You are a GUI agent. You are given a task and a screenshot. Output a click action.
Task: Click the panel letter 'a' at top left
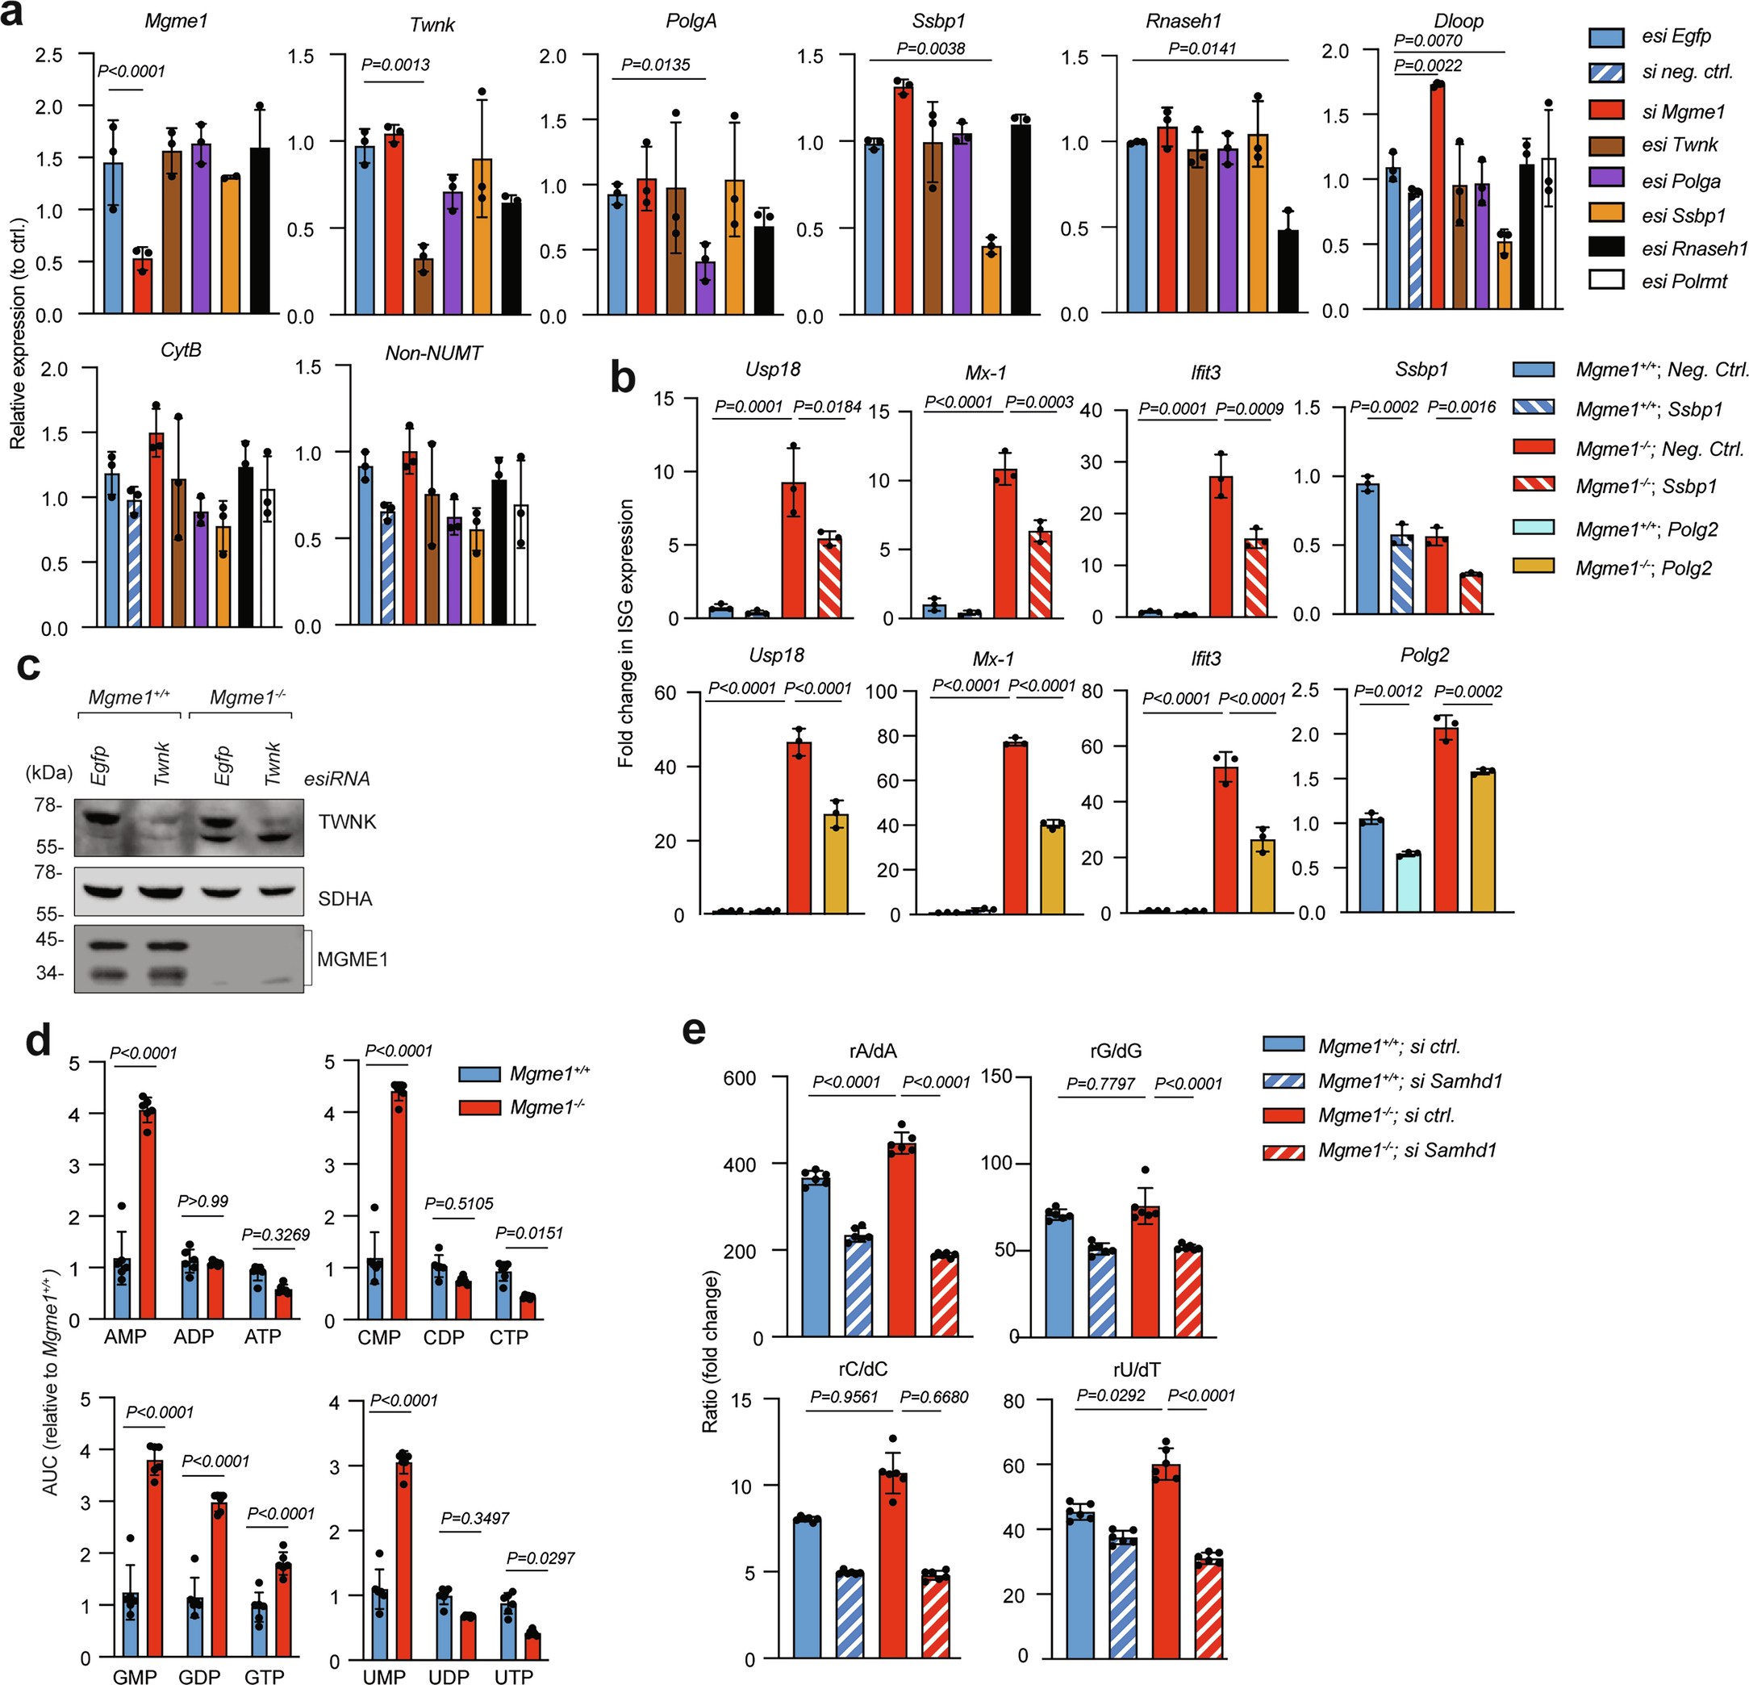point(12,16)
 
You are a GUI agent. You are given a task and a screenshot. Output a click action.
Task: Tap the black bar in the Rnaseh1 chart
point(1288,271)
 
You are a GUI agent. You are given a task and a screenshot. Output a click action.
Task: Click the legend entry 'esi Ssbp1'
point(1683,215)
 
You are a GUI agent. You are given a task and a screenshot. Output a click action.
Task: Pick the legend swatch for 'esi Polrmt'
point(1606,280)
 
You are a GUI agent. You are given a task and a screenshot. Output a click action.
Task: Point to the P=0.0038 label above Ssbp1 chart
point(931,48)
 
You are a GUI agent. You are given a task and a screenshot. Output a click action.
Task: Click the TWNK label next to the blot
point(347,821)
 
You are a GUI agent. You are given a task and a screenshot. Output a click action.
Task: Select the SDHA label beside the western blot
point(344,899)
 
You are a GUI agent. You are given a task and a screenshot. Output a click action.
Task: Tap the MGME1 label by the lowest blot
point(353,960)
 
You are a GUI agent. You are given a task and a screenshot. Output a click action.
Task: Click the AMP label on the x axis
point(125,1336)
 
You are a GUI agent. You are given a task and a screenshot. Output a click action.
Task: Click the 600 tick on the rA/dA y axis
point(739,1078)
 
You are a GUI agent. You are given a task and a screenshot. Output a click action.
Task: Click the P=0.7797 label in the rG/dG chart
point(1100,1084)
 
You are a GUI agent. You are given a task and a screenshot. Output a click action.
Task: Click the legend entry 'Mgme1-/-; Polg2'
point(1643,567)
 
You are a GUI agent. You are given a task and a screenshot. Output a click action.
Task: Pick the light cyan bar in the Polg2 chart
point(1408,883)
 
